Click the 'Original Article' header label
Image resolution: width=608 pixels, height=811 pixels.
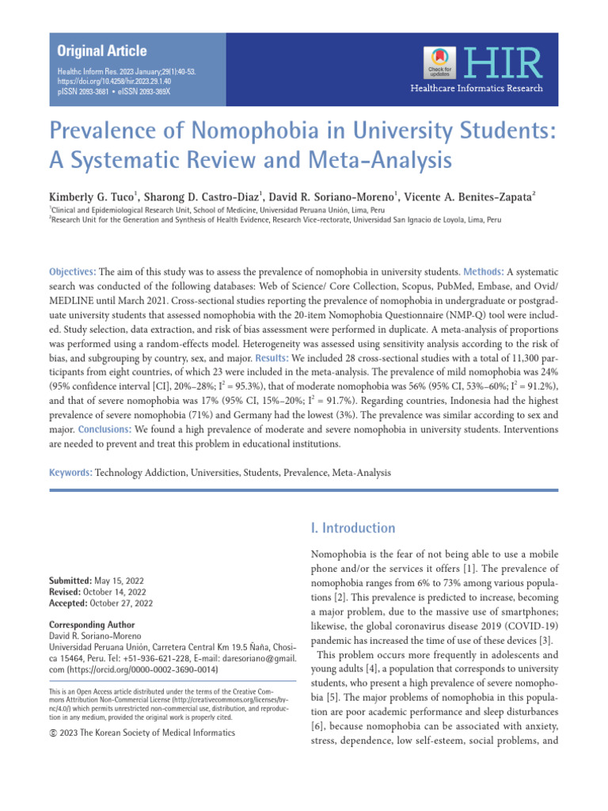tap(101, 51)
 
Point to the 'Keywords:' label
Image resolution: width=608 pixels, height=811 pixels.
tap(70, 473)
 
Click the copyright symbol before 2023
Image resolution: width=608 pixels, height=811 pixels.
tap(53, 733)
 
